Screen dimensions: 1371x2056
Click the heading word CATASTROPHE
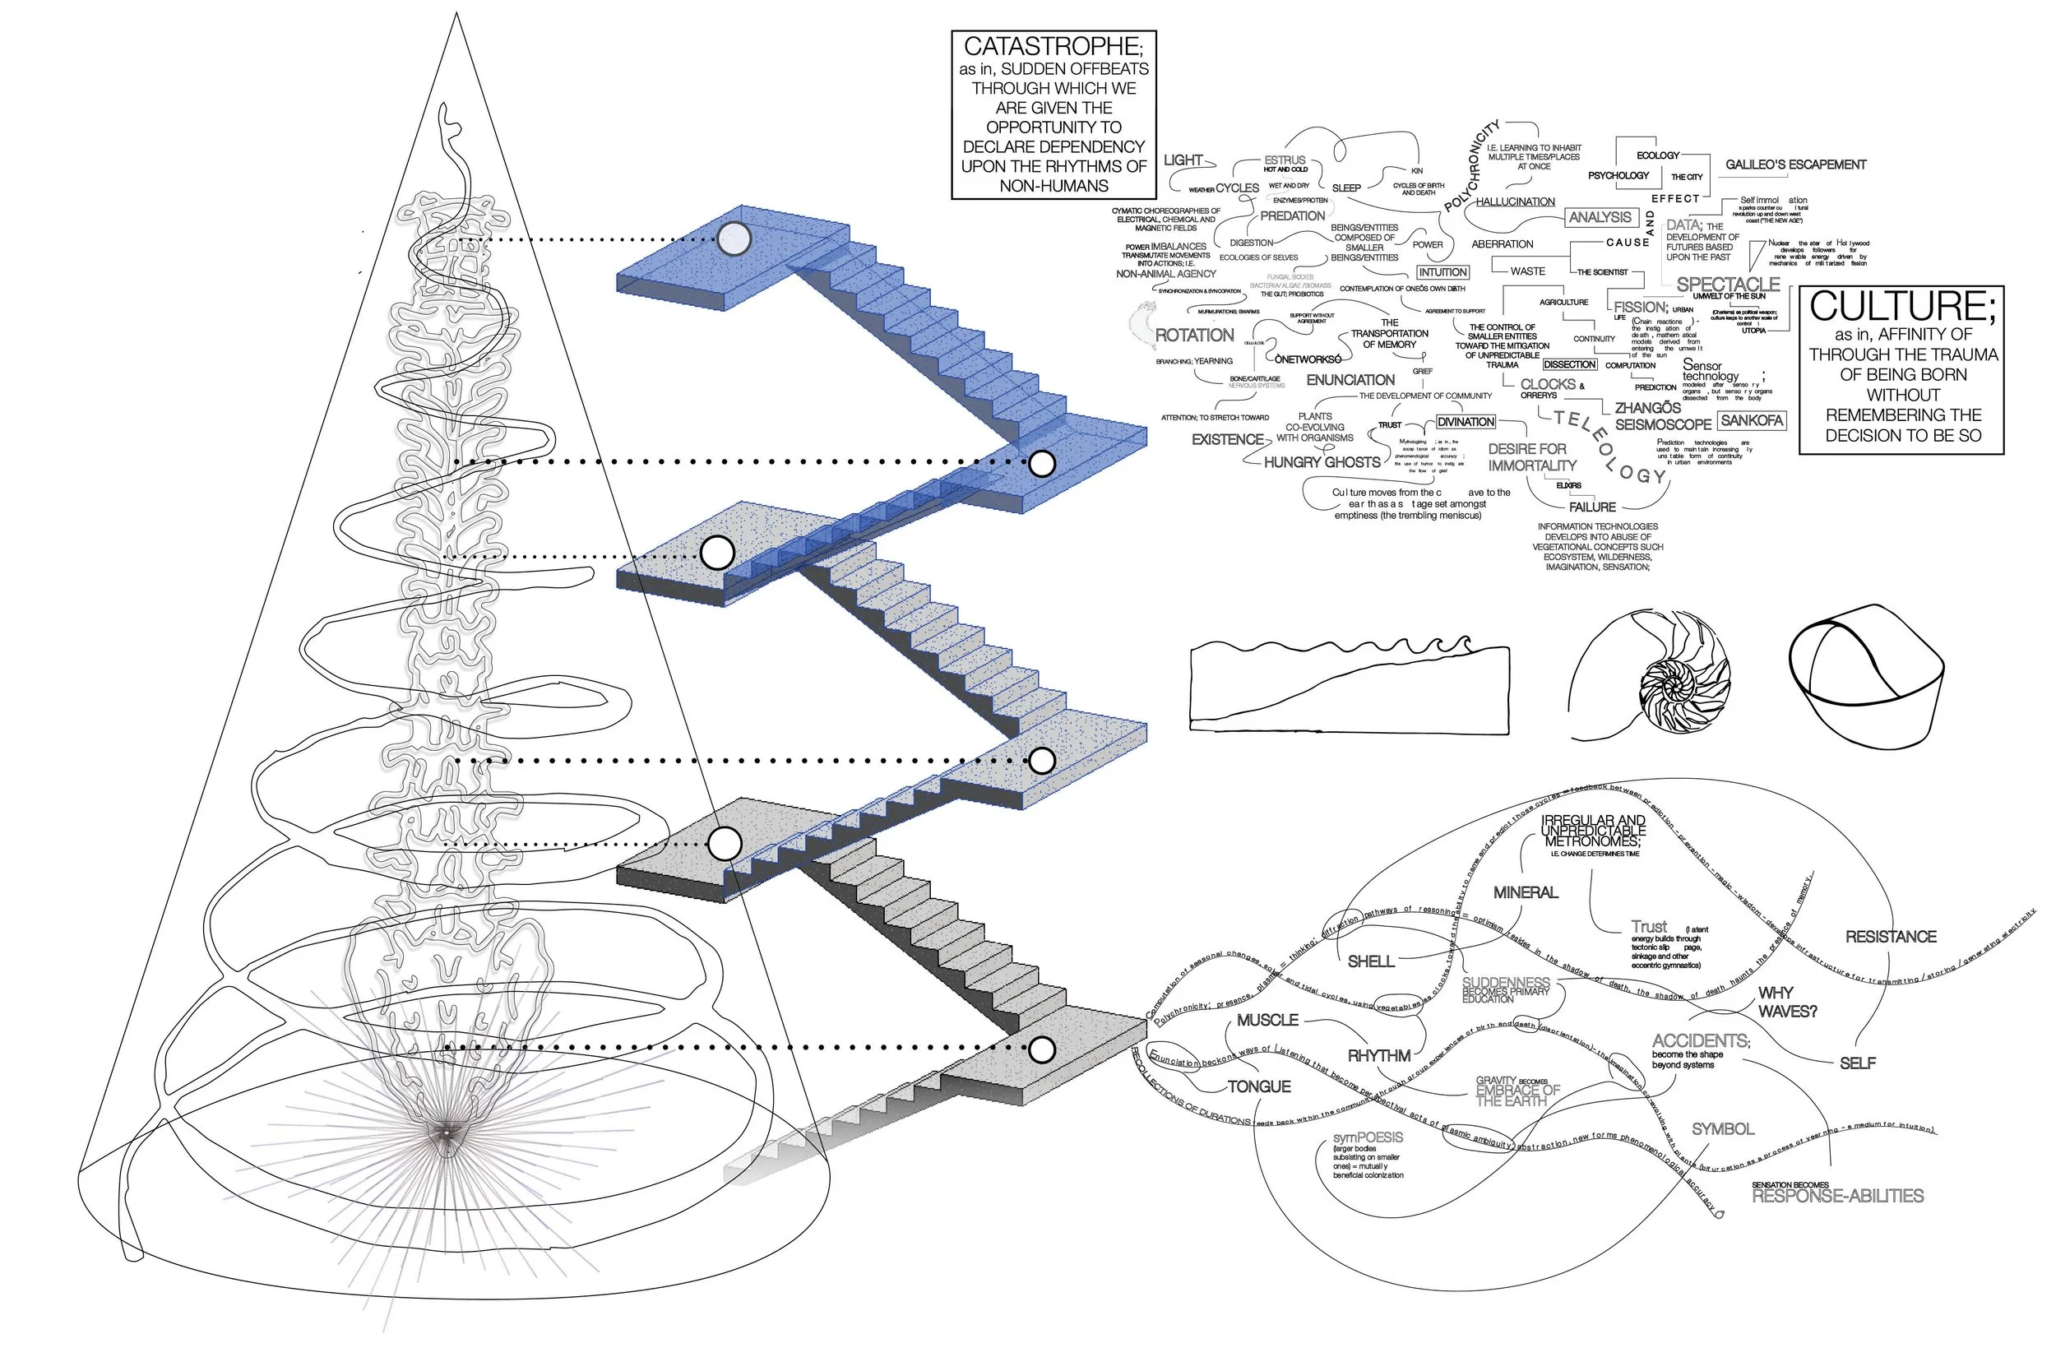click(1053, 47)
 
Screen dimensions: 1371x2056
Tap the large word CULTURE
click(1902, 307)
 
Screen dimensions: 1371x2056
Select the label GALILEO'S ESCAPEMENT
click(1795, 164)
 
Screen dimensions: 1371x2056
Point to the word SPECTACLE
click(1728, 285)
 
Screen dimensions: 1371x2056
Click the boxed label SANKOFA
click(1751, 420)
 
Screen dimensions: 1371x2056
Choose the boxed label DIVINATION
click(1466, 421)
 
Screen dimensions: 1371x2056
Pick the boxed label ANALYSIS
click(1600, 217)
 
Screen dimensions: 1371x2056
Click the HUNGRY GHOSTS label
click(1322, 461)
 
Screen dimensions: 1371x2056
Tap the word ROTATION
click(1194, 335)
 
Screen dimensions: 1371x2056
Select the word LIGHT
click(1183, 160)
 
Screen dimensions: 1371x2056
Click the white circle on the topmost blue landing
click(734, 238)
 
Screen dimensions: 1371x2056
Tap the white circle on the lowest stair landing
click(1041, 1049)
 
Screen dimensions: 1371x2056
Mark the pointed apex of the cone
click(456, 14)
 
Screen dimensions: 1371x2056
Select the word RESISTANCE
click(1891, 937)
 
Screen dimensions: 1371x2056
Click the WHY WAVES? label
click(1787, 1002)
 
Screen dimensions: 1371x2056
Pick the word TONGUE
click(1259, 1086)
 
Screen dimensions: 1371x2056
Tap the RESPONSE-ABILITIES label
click(1837, 1196)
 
